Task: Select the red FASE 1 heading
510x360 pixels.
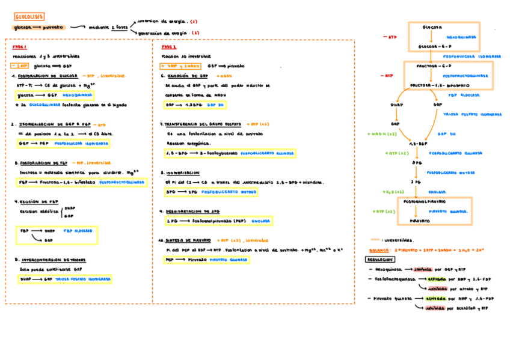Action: (20, 47)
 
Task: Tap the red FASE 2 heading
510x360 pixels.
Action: (169, 47)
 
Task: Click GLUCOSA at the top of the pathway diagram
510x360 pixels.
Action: (432, 28)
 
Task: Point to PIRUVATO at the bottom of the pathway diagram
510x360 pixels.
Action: (420, 221)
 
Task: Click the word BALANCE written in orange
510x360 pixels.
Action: (379, 249)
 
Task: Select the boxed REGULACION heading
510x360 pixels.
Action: (379, 259)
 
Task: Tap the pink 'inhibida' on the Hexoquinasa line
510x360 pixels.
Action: (427, 269)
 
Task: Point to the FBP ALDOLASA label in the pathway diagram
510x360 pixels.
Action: (463, 95)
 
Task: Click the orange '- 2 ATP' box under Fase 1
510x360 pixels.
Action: (20, 66)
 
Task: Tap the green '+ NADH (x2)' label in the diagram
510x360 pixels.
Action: (382, 134)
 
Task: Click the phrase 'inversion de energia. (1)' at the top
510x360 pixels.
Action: (168, 21)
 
